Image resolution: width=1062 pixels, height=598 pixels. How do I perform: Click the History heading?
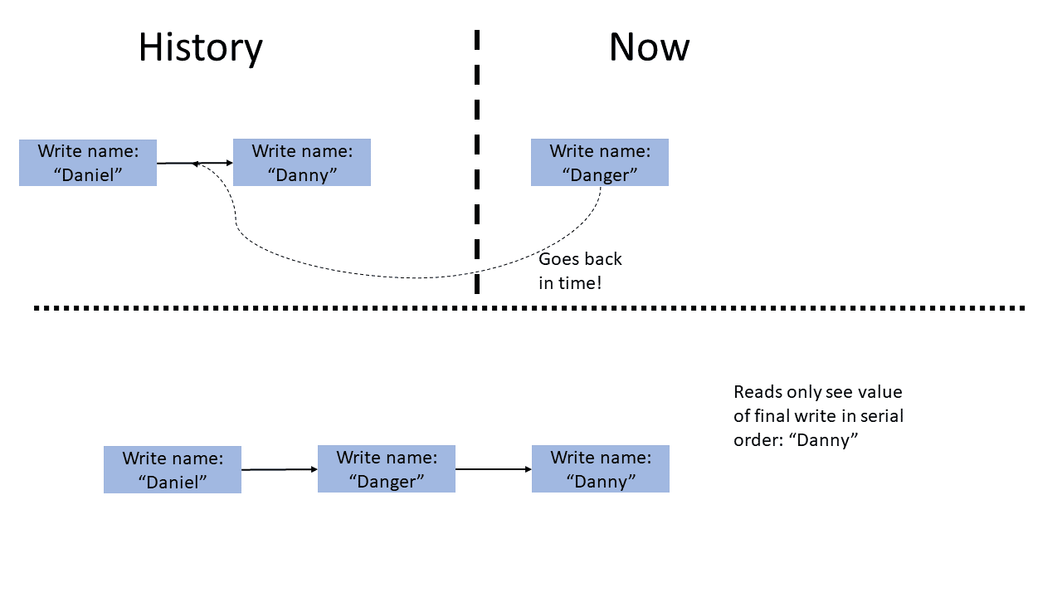point(200,47)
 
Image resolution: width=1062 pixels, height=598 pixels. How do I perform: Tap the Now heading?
point(649,47)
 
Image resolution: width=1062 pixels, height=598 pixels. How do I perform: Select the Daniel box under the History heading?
point(88,163)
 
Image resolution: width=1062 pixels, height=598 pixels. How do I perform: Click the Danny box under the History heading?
point(302,163)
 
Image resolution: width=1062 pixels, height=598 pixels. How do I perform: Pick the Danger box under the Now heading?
point(600,163)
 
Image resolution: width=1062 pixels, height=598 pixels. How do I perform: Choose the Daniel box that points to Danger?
point(173,469)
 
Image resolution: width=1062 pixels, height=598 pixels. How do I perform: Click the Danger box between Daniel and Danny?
point(387,469)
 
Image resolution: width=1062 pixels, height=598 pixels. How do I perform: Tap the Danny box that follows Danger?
point(601,469)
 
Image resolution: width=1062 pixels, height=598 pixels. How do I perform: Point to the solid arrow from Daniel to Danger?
point(280,469)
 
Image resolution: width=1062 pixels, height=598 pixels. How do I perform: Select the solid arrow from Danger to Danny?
point(494,469)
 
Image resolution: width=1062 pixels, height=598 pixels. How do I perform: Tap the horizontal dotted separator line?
point(531,308)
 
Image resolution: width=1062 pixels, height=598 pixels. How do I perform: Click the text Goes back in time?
point(580,271)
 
